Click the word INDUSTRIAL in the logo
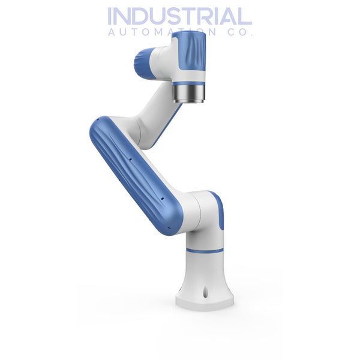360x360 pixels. pos(179,16)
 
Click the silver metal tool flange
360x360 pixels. pos(188,94)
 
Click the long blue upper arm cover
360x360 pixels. pos(136,174)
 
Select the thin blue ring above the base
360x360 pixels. pos(205,250)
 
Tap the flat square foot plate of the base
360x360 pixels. pos(205,302)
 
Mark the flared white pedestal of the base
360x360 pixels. pos(205,273)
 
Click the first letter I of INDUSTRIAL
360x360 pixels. pos(111,16)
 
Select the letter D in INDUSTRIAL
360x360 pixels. pos(146,16)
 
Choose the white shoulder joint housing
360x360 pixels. pos(201,219)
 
